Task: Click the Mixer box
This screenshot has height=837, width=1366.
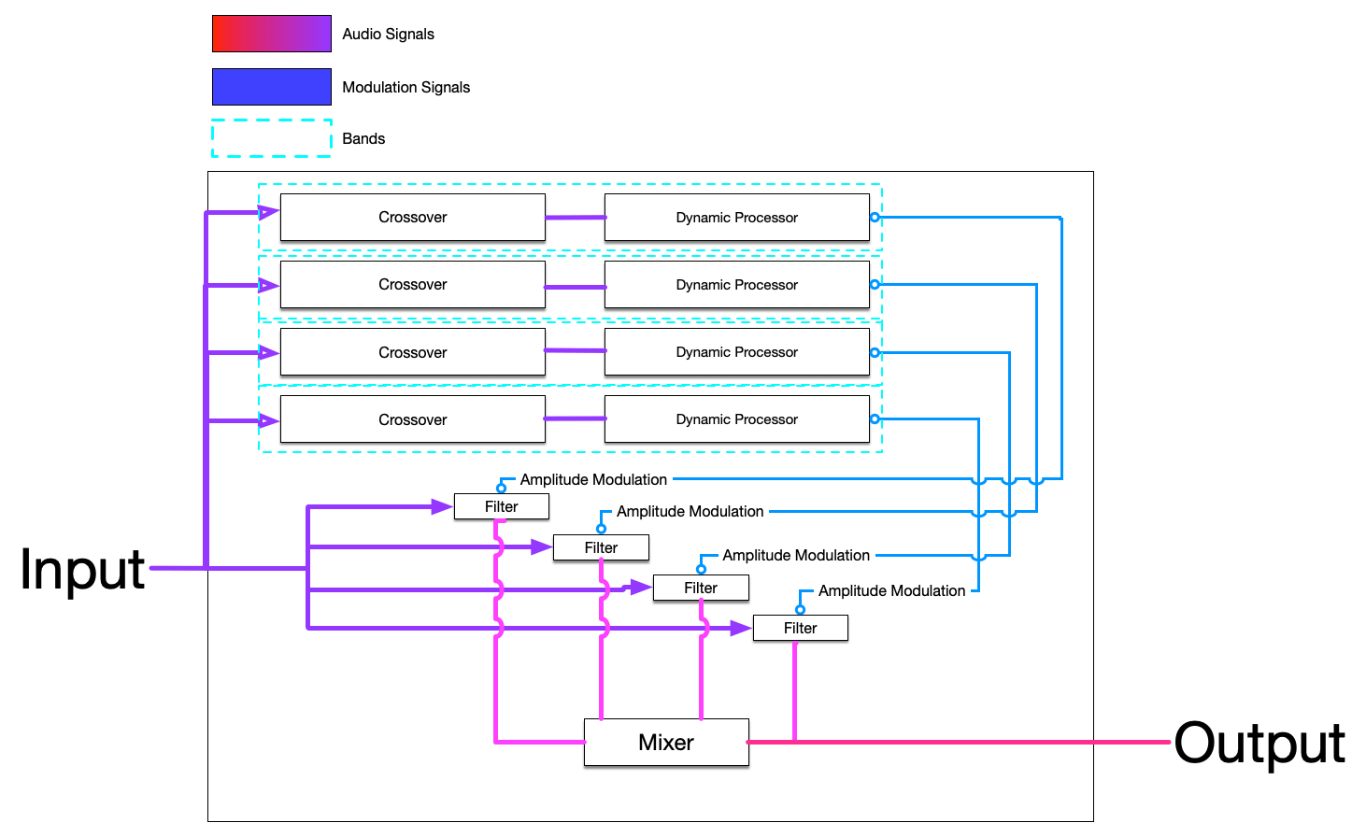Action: tap(666, 743)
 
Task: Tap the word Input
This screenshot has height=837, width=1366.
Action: tap(82, 569)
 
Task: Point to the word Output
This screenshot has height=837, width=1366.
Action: tap(1259, 744)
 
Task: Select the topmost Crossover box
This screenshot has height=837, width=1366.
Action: tap(412, 218)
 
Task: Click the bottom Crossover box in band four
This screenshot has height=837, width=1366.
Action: tap(412, 419)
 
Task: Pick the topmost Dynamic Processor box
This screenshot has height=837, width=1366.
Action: tap(736, 218)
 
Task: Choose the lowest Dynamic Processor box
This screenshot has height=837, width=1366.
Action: tap(736, 419)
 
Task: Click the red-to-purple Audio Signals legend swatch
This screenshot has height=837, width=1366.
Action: tap(271, 34)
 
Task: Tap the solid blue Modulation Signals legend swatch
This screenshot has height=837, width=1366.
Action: tap(271, 87)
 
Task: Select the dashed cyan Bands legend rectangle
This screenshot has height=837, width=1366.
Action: tap(271, 138)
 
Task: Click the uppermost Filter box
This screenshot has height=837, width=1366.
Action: tap(501, 506)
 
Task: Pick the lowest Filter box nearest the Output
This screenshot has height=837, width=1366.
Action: tap(800, 628)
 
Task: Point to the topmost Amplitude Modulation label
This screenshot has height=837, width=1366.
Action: tap(593, 479)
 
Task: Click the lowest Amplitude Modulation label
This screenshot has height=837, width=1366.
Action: tap(891, 590)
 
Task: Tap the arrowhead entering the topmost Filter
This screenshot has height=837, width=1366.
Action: tap(443, 506)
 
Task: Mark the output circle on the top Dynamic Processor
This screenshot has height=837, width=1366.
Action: tap(875, 217)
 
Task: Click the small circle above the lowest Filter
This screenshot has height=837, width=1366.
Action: tap(800, 609)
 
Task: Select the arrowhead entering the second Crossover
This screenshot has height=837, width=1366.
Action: tap(269, 286)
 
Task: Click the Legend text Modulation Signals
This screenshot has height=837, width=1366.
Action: tap(406, 87)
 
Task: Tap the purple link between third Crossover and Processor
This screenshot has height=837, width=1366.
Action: tap(575, 351)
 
